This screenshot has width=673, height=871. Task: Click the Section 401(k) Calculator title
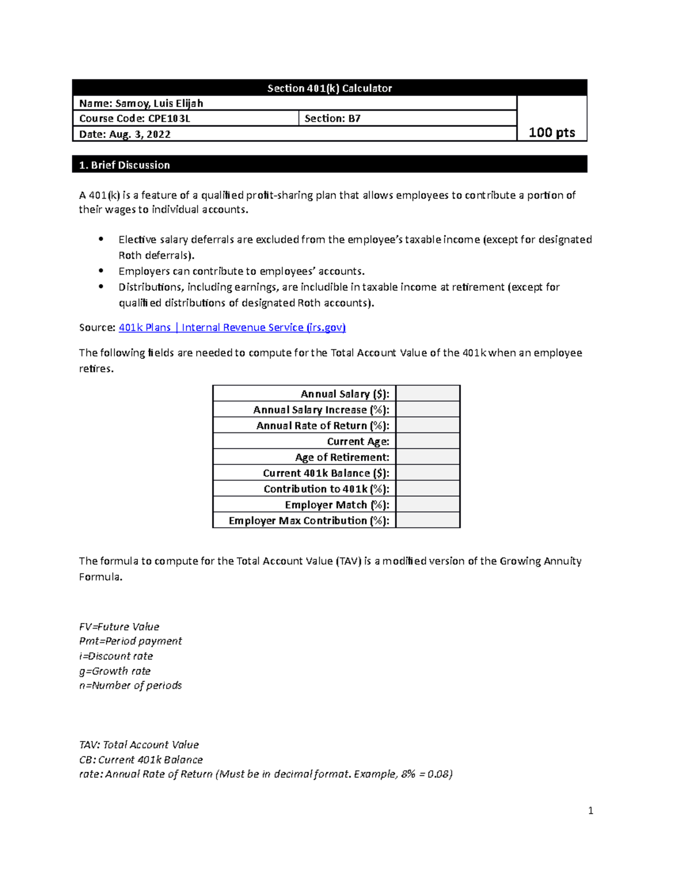pos(329,88)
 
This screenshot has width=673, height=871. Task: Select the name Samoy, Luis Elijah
pos(141,103)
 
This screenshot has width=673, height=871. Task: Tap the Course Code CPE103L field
pos(135,118)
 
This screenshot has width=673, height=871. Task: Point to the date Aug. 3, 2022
pos(125,134)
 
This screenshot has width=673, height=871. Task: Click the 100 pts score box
pos(552,132)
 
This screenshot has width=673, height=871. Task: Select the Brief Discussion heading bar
pos(329,165)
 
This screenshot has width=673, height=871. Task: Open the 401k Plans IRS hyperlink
pos(232,328)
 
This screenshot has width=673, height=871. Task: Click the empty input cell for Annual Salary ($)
pos(428,394)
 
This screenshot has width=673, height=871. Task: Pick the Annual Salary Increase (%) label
pos(321,410)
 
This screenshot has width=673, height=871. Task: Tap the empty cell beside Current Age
pos(428,441)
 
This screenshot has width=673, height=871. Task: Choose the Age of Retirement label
pos(342,457)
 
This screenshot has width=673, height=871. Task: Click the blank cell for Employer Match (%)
pos(428,505)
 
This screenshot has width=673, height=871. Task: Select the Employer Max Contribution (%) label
pos(308,520)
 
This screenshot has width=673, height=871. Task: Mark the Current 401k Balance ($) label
pos(326,473)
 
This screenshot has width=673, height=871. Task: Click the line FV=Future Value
pos(119,626)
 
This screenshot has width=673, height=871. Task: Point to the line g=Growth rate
pos(114,671)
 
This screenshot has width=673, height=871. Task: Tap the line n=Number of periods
pos(130,685)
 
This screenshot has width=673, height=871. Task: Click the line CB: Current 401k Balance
pos(141,760)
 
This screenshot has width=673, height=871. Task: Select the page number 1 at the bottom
pos(590,810)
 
